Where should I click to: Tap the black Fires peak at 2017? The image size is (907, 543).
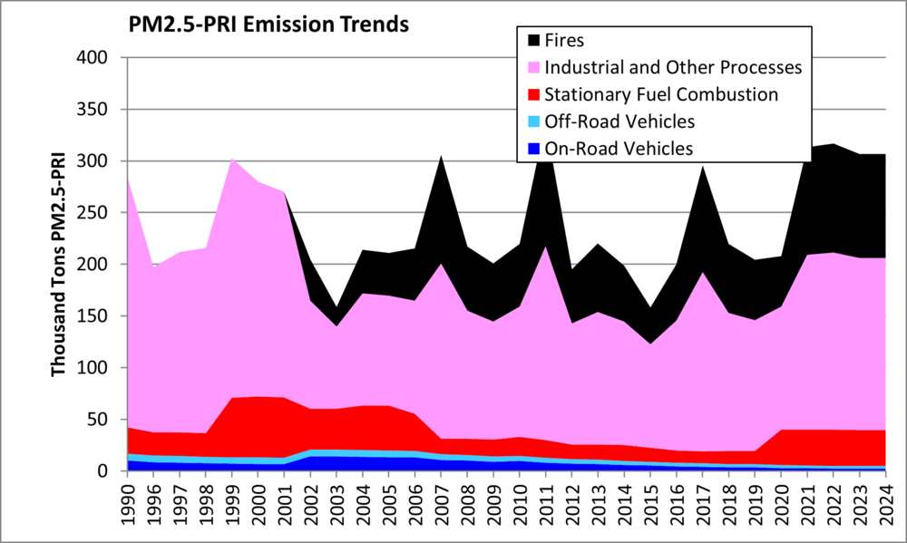[x=701, y=169]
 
